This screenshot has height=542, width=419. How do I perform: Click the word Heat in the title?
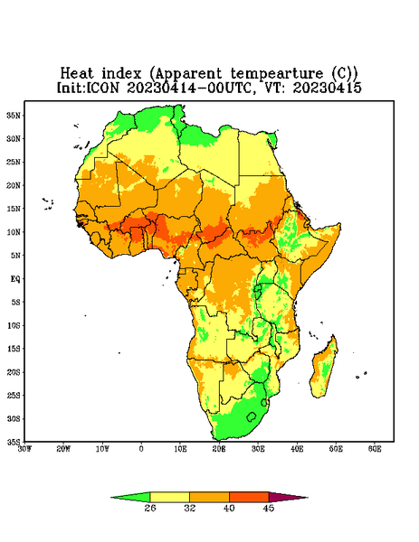pyautogui.click(x=77, y=74)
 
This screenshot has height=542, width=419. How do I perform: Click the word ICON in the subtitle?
pyautogui.click(x=103, y=88)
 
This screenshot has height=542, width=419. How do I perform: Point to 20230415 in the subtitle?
pyautogui.click(x=328, y=88)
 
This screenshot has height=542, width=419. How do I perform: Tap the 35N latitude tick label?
pyautogui.click(x=14, y=115)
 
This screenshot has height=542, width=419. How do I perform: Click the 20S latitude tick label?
pyautogui.click(x=14, y=372)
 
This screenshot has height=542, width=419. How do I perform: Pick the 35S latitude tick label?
pyautogui.click(x=14, y=442)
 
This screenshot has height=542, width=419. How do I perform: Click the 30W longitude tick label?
pyautogui.click(x=24, y=449)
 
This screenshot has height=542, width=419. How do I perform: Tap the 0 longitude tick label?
pyautogui.click(x=141, y=449)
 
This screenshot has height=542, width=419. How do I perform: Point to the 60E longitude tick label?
pyautogui.click(x=375, y=449)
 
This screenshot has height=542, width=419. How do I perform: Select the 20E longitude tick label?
pyautogui.click(x=219, y=449)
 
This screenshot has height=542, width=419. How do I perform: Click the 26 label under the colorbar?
pyautogui.click(x=150, y=508)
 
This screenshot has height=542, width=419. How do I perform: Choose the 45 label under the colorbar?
pyautogui.click(x=269, y=508)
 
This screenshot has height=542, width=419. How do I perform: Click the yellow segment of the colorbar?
pyautogui.click(x=169, y=497)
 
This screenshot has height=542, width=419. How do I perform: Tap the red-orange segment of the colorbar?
pyautogui.click(x=249, y=497)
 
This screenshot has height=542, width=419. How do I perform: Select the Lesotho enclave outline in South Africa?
pyautogui.click(x=252, y=417)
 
